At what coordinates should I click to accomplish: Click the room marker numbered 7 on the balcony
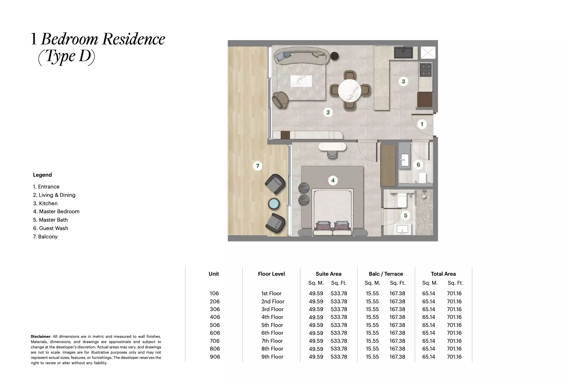[257, 166]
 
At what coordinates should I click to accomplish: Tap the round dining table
[350, 90]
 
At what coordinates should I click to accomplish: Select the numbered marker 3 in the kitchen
[403, 81]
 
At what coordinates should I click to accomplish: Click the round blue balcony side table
[274, 204]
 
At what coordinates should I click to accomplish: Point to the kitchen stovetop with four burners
[425, 70]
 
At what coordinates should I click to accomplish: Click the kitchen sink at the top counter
[403, 52]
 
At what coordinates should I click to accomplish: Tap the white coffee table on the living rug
[301, 82]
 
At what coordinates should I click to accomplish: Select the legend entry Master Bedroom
[56, 211]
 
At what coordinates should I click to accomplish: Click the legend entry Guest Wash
[51, 228]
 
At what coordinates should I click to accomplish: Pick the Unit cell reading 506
[215, 325]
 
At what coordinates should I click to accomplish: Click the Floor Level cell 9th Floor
[272, 357]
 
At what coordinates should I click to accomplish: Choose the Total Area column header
[443, 274]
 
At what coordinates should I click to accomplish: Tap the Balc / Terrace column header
[386, 274]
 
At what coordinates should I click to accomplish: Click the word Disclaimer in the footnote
[41, 337]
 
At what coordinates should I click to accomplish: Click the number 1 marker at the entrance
[422, 124]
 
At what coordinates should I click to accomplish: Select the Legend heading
[43, 175]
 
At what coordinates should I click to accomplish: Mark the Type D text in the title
[66, 57]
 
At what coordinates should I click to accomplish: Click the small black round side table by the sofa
[334, 56]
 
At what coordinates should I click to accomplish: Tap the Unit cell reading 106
[214, 293]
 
